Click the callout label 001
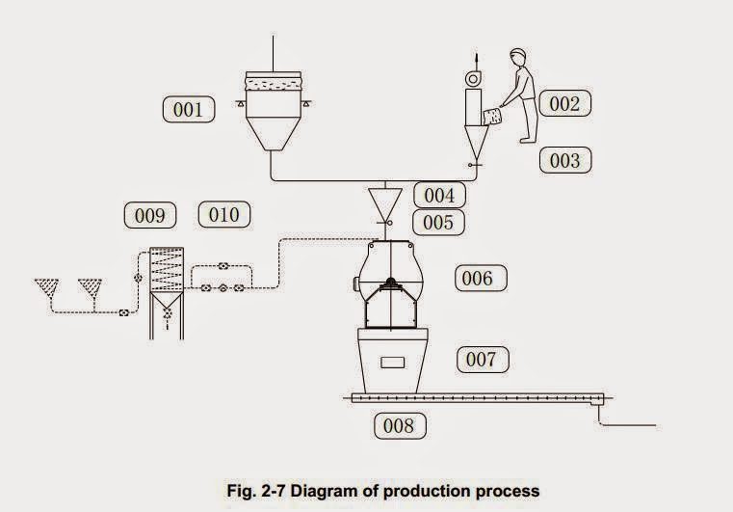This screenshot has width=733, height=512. pyautogui.click(x=189, y=110)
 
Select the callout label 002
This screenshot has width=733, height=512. pyautogui.click(x=564, y=103)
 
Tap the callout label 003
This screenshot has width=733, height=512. pyautogui.click(x=564, y=159)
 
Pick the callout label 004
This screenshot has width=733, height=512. pyautogui.click(x=439, y=195)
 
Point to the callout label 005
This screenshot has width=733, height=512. pyautogui.click(x=439, y=223)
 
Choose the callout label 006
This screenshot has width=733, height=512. pyautogui.click(x=478, y=279)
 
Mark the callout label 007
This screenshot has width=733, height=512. pyautogui.click(x=481, y=360)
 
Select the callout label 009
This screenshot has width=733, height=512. pyautogui.click(x=149, y=215)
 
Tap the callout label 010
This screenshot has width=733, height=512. pyautogui.click(x=223, y=214)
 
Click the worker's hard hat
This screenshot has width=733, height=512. pyautogui.click(x=516, y=56)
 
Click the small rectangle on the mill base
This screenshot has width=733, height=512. pyautogui.click(x=393, y=363)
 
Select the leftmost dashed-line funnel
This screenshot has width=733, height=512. pyautogui.click(x=44, y=287)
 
